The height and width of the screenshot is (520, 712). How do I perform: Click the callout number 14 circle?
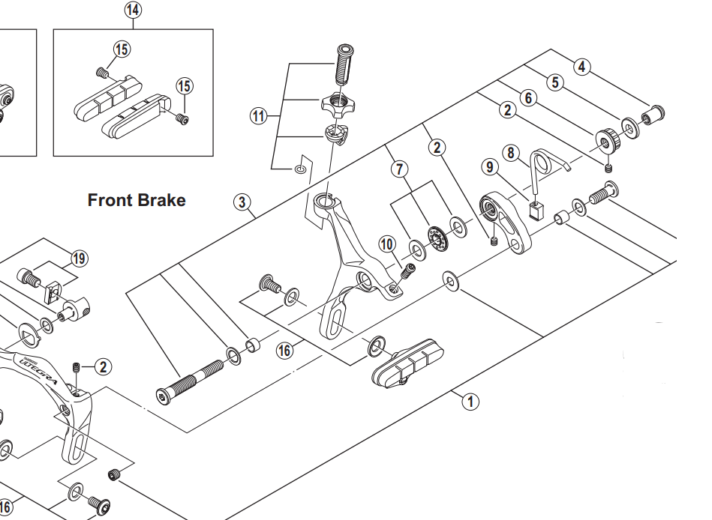(133, 10)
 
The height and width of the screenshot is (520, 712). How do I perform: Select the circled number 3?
(241, 202)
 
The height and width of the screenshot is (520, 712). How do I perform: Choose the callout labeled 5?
(554, 82)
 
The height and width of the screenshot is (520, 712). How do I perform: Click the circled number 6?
(528, 97)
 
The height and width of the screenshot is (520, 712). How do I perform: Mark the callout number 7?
(398, 169)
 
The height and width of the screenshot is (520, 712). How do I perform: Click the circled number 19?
(79, 259)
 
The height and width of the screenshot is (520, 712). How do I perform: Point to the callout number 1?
(470, 402)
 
